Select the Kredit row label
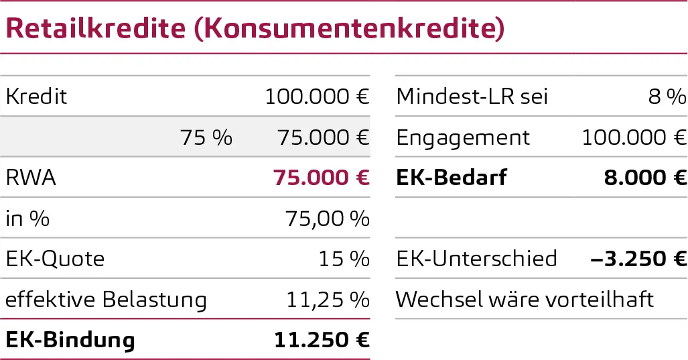coord(36,97)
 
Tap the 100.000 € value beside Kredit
coord(317,97)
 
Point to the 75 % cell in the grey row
coord(206,137)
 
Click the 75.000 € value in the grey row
coord(323,137)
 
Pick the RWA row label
coord(31,178)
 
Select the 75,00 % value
coord(328,219)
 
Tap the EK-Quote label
coord(55,259)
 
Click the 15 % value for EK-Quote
coord(344,259)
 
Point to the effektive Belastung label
coord(106,299)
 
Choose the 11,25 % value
coord(328,299)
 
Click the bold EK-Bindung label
coord(70,340)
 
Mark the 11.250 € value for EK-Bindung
coord(322,340)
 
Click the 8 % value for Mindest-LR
coord(667,97)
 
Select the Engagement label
coord(463,137)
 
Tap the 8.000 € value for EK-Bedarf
coord(645,178)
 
